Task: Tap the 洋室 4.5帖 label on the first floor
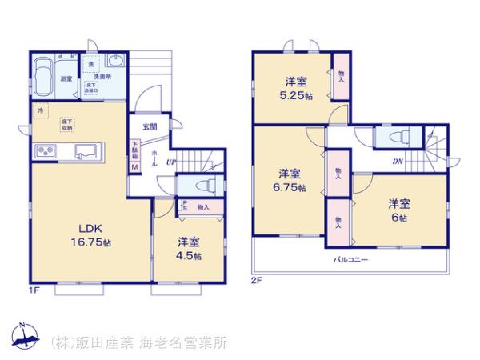pos(190,249)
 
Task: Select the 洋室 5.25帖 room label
pos(294,87)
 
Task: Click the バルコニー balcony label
pos(350,260)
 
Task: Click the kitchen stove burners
pos(45,151)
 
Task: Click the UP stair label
pos(170,162)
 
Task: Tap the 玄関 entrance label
pos(150,127)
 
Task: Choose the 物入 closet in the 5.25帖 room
pos(342,77)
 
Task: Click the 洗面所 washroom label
pos(102,77)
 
